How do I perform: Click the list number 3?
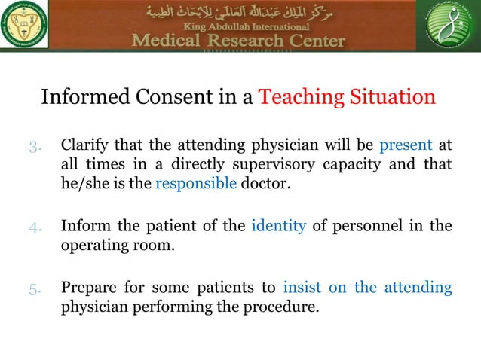click(x=35, y=146)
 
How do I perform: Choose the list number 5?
click(x=35, y=288)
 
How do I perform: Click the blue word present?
click(x=406, y=145)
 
